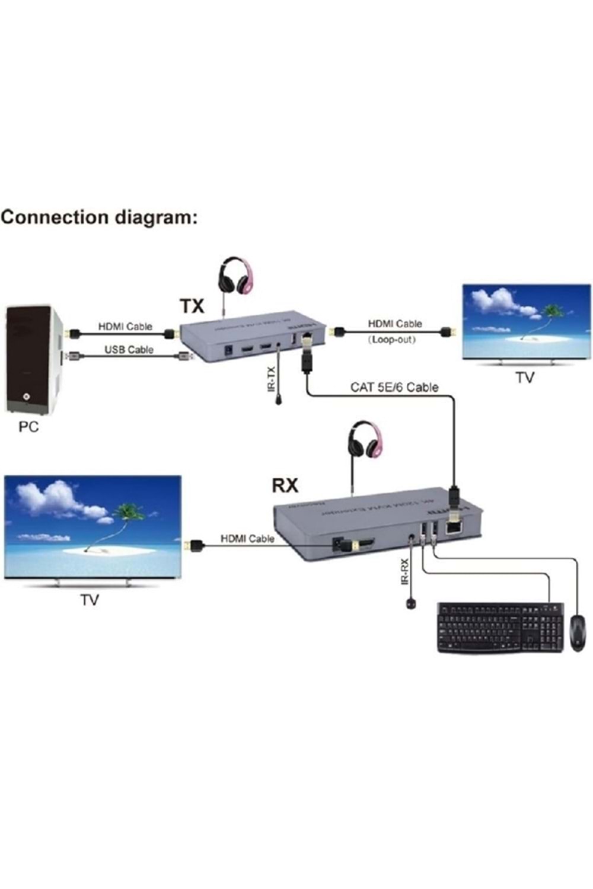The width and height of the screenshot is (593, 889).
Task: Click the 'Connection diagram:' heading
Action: tap(98, 218)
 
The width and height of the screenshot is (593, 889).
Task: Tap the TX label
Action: tap(192, 306)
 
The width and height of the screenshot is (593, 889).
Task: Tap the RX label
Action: tap(285, 485)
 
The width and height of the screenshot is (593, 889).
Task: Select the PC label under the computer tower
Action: tap(28, 427)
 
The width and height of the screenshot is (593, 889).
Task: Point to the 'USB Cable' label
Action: tap(129, 350)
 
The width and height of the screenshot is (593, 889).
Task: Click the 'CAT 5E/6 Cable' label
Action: tap(394, 388)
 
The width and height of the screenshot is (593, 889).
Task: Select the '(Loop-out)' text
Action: tap(392, 340)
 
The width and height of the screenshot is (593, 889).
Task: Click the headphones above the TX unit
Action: tap(235, 276)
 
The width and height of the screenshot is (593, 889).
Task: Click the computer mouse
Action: tap(577, 633)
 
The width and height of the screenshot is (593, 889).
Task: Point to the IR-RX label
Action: tap(405, 571)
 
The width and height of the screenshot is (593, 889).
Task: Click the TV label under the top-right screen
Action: tap(524, 378)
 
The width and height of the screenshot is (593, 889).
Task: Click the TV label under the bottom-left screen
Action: tap(90, 600)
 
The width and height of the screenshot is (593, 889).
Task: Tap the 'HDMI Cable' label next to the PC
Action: tap(125, 327)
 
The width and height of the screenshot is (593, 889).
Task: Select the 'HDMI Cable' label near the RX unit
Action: tap(247, 539)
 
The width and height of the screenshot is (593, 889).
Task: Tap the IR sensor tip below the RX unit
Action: tap(410, 604)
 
